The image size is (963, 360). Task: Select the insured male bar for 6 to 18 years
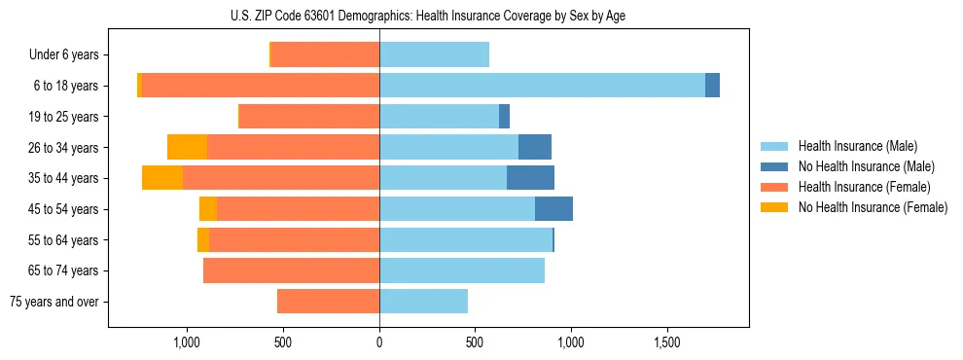pos(542,86)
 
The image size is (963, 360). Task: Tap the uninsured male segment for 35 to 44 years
pos(530,178)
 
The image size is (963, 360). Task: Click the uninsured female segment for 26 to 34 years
pos(187,147)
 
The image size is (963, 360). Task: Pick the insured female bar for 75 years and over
pos(328,302)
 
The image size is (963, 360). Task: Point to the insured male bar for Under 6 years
pos(434,54)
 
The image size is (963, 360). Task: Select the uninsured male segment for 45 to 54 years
pos(553,209)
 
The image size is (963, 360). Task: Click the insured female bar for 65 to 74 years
pos(291,270)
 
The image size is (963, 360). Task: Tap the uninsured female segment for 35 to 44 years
pos(162,178)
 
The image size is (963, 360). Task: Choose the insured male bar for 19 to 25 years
pos(439,117)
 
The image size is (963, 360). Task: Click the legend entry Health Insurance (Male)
pos(857,146)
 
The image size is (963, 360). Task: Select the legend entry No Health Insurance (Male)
pos(866,166)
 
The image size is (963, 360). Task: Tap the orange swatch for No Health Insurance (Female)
pos(774,207)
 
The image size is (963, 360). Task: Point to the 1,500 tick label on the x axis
pos(667,342)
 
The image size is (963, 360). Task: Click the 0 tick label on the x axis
pos(379,342)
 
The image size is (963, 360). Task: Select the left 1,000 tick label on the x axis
pos(187,342)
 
